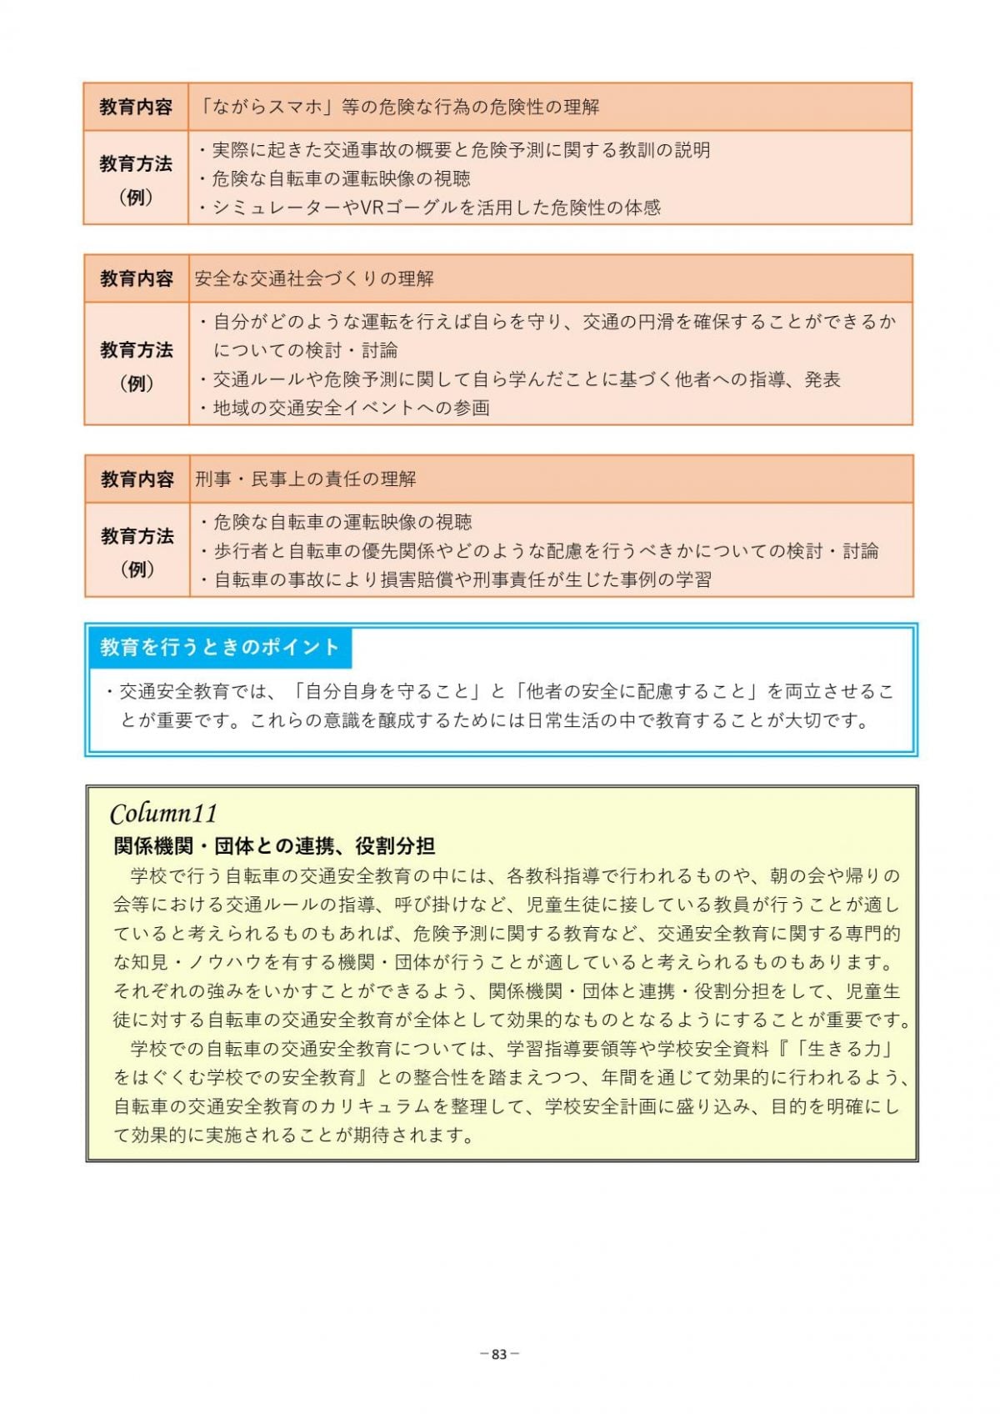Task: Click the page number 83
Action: tap(499, 1354)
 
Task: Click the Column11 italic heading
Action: tap(164, 813)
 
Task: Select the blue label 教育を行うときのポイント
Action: tap(220, 647)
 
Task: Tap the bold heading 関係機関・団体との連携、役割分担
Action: tap(274, 846)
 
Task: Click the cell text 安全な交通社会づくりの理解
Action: tap(314, 278)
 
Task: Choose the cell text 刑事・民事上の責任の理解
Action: tap(306, 479)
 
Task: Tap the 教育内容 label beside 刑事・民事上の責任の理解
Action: tap(137, 479)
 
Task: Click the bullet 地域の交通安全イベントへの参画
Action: tap(351, 408)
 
